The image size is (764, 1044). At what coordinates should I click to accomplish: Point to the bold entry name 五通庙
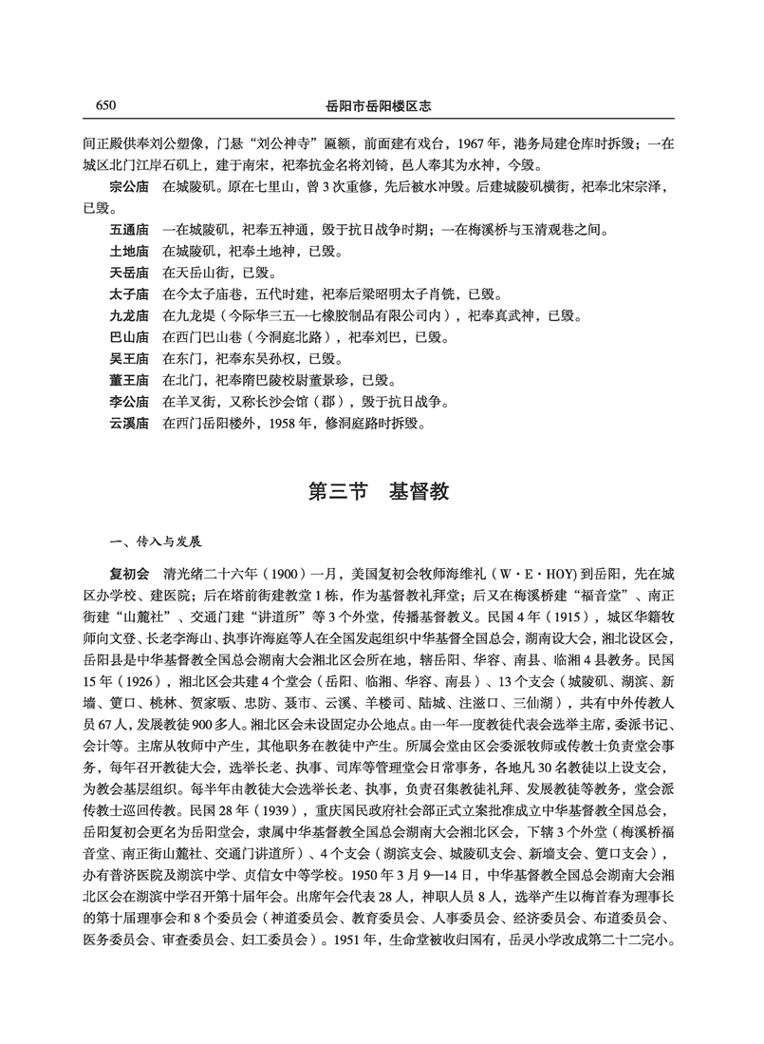tap(130, 229)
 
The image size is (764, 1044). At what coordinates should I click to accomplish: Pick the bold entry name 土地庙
tap(130, 251)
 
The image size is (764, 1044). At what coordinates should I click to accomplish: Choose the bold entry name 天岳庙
tap(130, 273)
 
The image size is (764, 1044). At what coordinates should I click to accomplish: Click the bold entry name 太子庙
tap(130, 294)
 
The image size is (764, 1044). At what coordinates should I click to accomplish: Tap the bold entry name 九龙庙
tap(130, 315)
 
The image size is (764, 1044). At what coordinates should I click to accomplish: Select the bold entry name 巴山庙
tap(130, 336)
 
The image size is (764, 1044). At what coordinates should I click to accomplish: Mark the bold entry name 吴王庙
tap(130, 358)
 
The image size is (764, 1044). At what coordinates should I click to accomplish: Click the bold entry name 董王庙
tap(130, 379)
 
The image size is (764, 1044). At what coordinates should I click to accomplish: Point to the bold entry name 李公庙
tap(130, 401)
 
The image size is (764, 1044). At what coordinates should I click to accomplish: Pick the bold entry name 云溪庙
tap(130, 422)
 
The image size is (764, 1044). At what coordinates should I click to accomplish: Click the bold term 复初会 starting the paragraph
tap(130, 576)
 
